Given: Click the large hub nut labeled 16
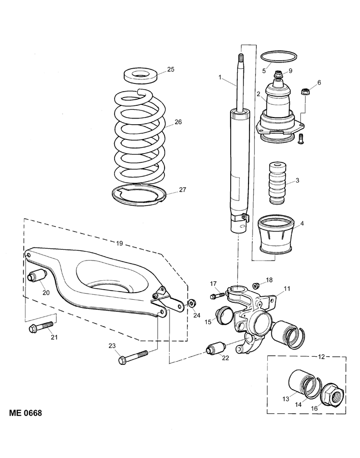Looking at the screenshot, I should [x=333, y=394].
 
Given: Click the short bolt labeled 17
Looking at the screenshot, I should [x=217, y=295].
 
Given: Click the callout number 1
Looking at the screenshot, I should [x=220, y=78].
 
